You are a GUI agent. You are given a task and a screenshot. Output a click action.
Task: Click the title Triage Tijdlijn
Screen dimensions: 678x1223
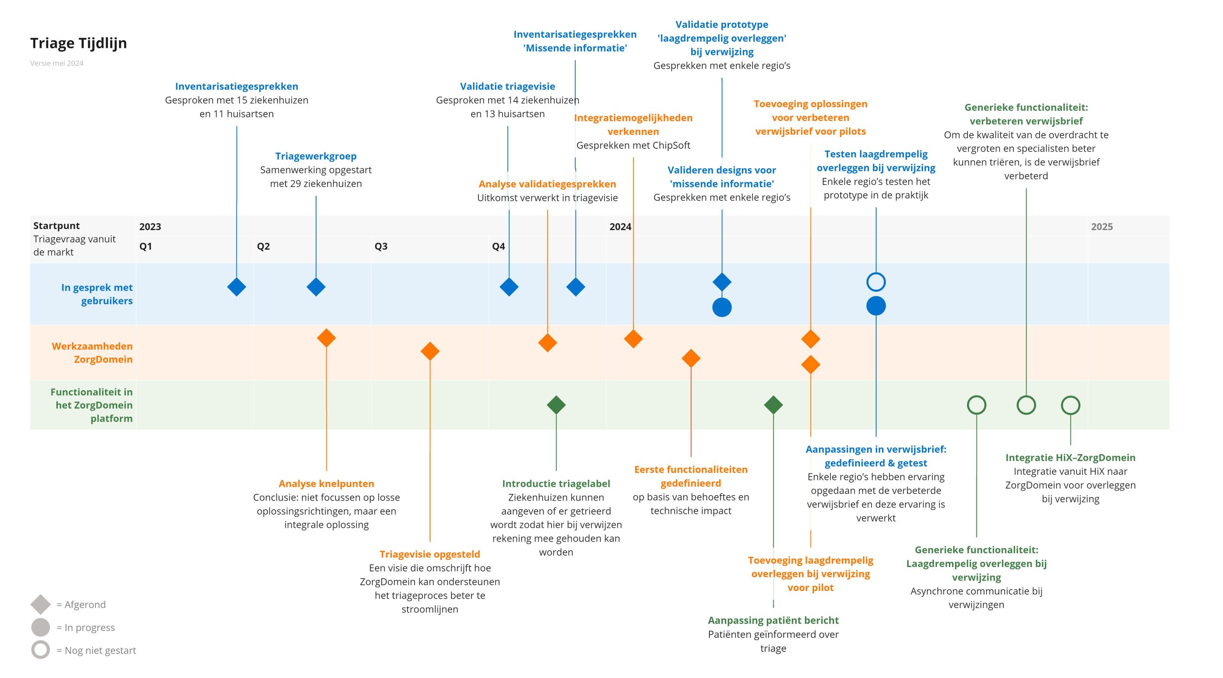pos(78,43)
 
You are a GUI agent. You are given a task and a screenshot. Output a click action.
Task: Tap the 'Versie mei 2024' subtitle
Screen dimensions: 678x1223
pos(56,63)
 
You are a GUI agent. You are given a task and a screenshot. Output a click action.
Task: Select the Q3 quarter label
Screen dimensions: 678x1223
pos(381,246)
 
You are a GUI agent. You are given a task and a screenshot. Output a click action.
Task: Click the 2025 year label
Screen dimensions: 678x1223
pos(1101,227)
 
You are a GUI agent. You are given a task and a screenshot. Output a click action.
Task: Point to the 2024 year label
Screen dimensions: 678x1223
pos(620,227)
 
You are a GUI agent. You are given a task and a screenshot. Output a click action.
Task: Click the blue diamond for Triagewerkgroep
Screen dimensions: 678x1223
pos(316,287)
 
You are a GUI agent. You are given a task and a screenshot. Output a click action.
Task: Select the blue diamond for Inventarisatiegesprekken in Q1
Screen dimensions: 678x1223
pos(236,287)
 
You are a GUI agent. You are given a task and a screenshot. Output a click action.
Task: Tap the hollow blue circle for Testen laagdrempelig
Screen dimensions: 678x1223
pos(876,282)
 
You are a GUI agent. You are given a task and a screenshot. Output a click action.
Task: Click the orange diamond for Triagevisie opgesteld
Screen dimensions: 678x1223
pos(429,351)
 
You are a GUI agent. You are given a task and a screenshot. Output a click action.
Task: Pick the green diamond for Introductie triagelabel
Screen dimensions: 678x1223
pos(556,405)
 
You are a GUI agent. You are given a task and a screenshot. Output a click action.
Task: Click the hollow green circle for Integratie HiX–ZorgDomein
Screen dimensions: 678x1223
pos(1070,405)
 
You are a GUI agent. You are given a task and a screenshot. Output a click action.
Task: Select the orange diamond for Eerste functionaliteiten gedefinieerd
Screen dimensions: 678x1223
pos(691,358)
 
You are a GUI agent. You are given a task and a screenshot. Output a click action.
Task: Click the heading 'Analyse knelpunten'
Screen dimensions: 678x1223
pos(326,483)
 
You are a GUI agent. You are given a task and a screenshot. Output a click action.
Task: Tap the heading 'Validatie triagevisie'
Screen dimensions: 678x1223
pos(507,87)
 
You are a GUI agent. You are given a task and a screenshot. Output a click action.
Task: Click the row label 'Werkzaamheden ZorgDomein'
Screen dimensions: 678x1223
pos(92,352)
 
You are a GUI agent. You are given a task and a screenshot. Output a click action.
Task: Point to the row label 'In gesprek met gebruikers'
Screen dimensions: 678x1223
pos(97,294)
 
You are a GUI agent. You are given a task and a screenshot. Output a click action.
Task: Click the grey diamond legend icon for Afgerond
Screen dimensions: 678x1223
pos(41,604)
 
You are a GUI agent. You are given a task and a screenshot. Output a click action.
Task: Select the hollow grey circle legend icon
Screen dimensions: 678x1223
pos(41,650)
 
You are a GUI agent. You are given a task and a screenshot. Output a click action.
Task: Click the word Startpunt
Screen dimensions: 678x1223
pos(56,226)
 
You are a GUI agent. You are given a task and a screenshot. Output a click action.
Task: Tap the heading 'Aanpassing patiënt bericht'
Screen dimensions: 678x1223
pos(773,620)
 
